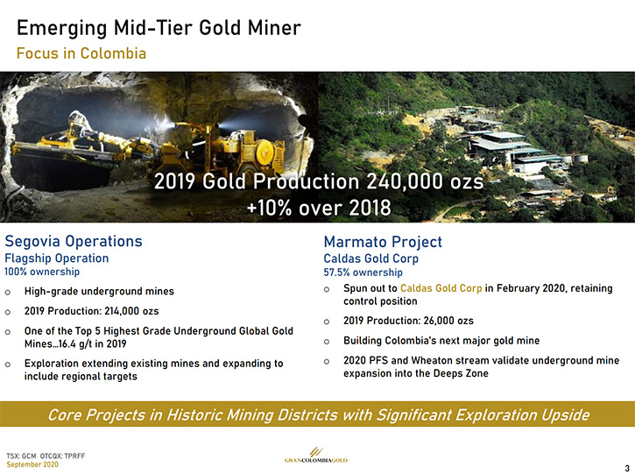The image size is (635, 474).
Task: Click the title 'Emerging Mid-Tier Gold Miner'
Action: [x=159, y=29]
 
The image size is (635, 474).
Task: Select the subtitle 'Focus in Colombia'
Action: [x=81, y=53]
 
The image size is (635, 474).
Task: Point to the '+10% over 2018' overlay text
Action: [x=319, y=208]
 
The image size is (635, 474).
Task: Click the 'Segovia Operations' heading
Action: [x=74, y=241]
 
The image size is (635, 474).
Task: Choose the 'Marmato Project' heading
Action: [x=383, y=242]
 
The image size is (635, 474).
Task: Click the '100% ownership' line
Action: [x=42, y=272]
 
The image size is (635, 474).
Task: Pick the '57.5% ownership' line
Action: [x=363, y=272]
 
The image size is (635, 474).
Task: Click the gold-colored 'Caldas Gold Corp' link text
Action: [x=441, y=288]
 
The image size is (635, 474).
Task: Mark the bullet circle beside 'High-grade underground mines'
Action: [x=8, y=292]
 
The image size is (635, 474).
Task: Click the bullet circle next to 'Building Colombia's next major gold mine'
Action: [x=327, y=342]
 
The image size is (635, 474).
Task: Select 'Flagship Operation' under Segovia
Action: [x=57, y=258]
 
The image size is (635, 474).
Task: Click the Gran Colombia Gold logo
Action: [x=316, y=455]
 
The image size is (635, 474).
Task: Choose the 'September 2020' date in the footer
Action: [x=32, y=464]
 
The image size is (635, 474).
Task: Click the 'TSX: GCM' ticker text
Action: [x=22, y=456]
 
